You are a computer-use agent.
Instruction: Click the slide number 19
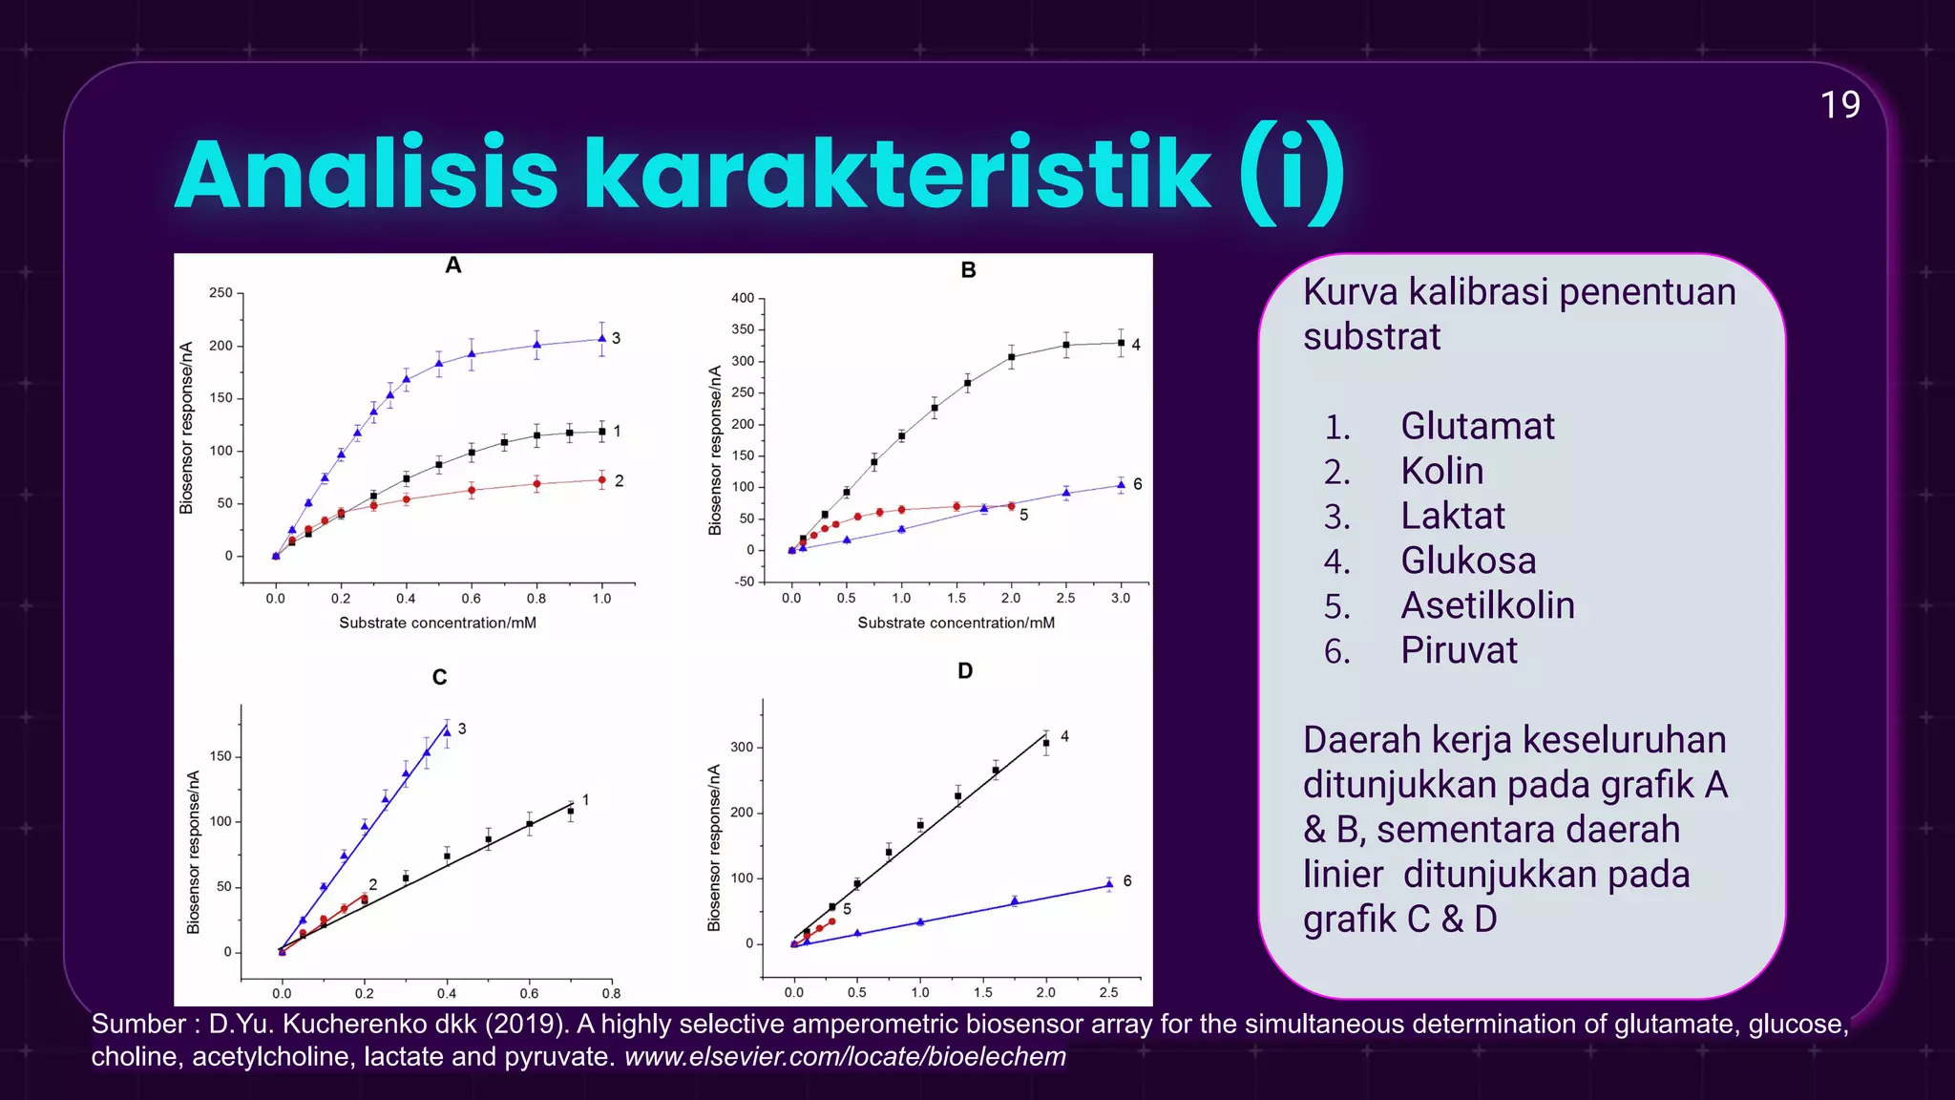[x=1839, y=105]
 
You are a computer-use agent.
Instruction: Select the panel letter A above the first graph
[x=453, y=265]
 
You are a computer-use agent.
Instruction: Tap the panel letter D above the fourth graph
[x=965, y=671]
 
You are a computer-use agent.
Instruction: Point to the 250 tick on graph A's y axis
[x=221, y=293]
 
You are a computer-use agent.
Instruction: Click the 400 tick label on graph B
[x=743, y=298]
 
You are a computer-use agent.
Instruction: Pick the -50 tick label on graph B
[x=745, y=582]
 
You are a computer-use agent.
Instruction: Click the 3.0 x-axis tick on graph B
[x=1121, y=599]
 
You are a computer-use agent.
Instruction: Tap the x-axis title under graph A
[x=437, y=623]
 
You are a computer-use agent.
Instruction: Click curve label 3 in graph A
[x=617, y=338]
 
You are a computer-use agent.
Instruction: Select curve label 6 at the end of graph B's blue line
[x=1138, y=484]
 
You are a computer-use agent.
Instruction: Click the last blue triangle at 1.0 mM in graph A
[x=602, y=338]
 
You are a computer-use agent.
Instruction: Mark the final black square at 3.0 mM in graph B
[x=1122, y=343]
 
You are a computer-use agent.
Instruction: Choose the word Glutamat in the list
[x=1477, y=426]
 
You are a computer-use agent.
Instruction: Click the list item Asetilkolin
[x=1487, y=605]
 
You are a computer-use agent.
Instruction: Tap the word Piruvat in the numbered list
[x=1459, y=650]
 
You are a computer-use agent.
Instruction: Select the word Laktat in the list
[x=1452, y=516]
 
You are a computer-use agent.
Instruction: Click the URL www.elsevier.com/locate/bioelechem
[x=845, y=1057]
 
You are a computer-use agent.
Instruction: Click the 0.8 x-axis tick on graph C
[x=611, y=993]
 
